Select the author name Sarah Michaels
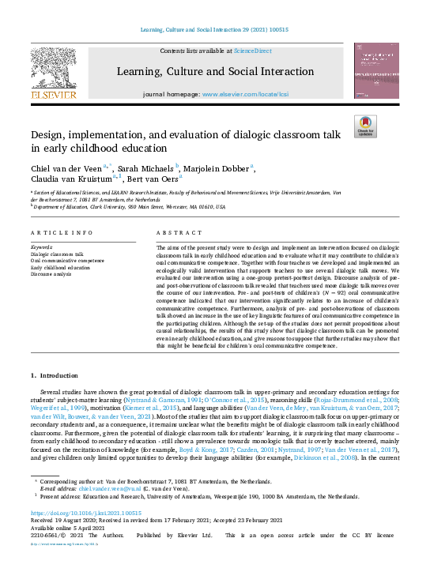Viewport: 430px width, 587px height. (x=150, y=170)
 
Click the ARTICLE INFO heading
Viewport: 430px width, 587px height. (x=59, y=233)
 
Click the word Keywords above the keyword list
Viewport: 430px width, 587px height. (x=43, y=247)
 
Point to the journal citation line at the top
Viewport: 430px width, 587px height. (x=215, y=28)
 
